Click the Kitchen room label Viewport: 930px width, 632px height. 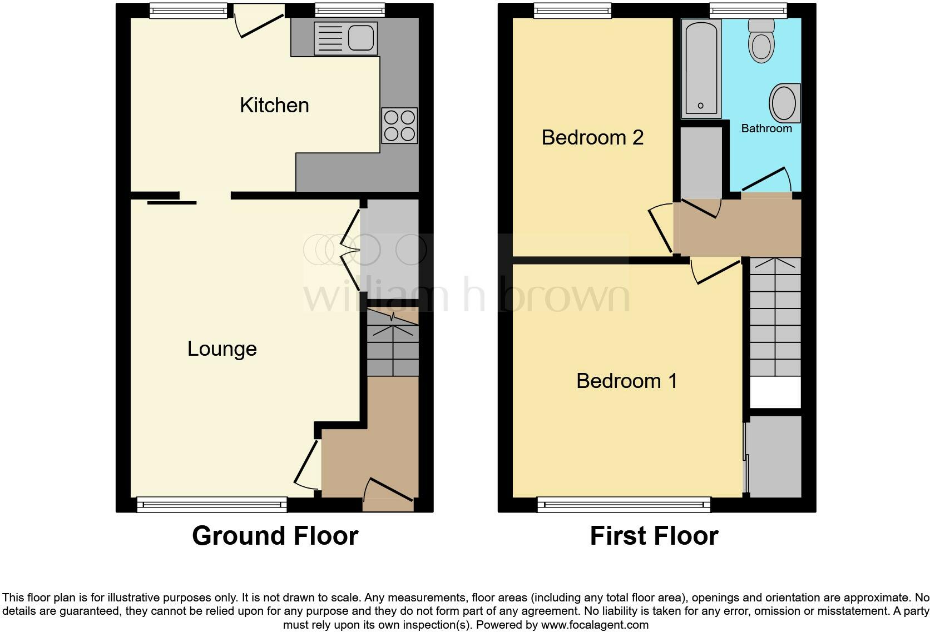click(274, 105)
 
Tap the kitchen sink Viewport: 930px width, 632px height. click(345, 38)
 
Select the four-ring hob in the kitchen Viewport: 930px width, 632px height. click(399, 126)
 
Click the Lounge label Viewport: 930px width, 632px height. click(222, 349)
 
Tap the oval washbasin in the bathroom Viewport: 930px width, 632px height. click(784, 103)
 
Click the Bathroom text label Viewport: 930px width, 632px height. click(766, 128)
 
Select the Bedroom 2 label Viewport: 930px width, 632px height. click(592, 137)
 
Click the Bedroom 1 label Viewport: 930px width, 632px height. click(627, 381)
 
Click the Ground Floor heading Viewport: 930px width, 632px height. click(275, 536)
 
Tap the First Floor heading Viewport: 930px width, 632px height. click(654, 536)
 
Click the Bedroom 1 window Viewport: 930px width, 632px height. click(624, 504)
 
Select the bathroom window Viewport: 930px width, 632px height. click(748, 9)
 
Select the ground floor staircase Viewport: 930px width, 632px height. click(393, 342)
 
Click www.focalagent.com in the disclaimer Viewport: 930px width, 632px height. click(594, 625)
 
